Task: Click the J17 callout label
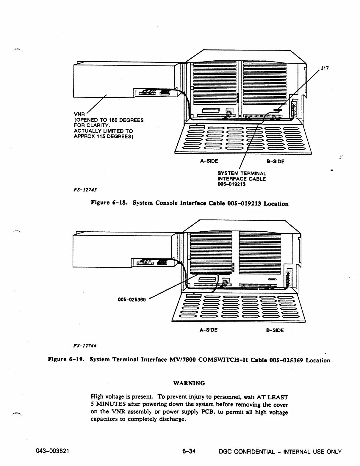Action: [x=325, y=68]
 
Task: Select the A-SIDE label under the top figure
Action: [x=209, y=161]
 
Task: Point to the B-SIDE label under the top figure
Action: [x=275, y=161]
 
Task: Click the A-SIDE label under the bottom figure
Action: [x=208, y=330]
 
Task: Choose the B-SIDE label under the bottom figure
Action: [x=275, y=330]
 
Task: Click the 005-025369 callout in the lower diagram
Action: [x=132, y=299]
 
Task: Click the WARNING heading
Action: [x=189, y=383]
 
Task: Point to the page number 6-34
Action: [x=189, y=451]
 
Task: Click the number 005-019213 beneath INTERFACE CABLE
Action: [x=231, y=184]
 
